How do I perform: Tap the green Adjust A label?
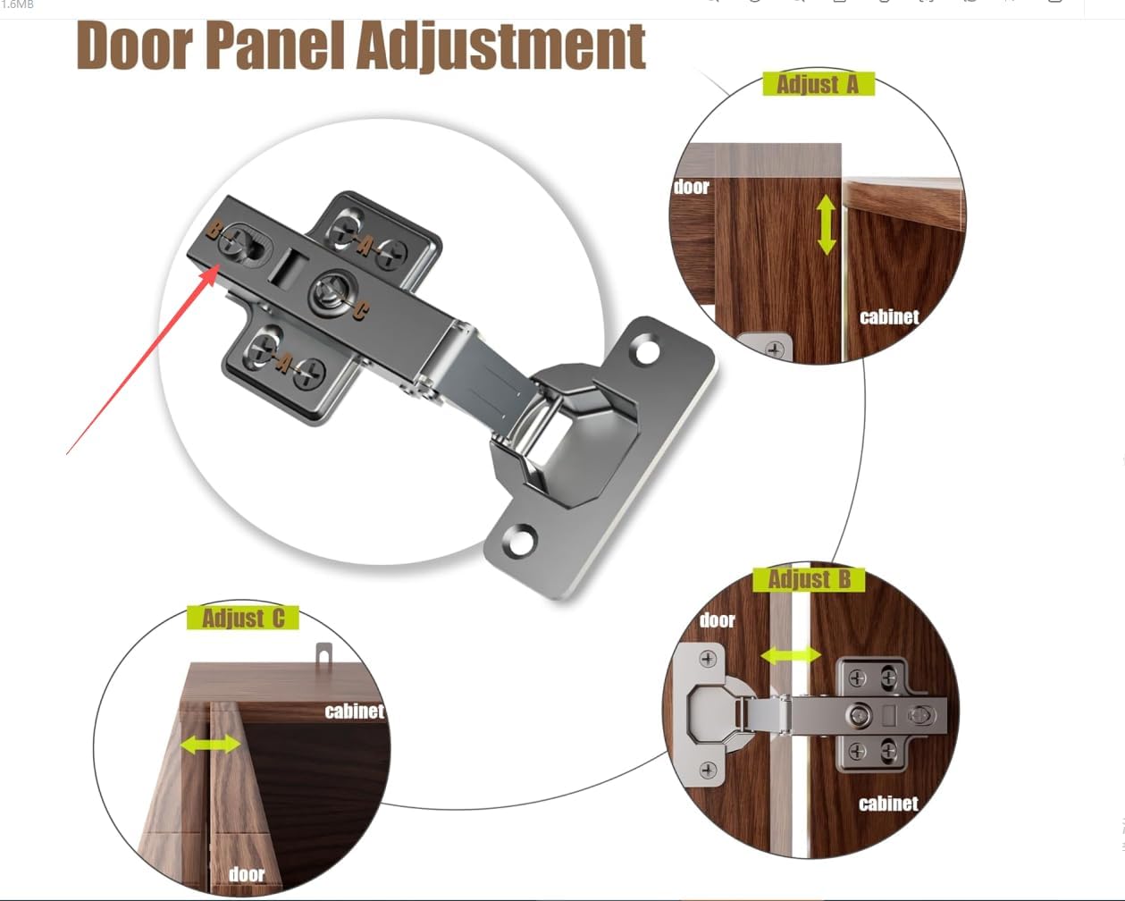coord(819,84)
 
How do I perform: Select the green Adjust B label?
coord(809,579)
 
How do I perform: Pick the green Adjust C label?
coord(243,618)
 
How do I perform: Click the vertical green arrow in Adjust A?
coord(826,224)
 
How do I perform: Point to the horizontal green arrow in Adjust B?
coord(791,654)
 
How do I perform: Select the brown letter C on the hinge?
coord(360,311)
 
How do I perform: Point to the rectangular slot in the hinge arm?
coord(286,268)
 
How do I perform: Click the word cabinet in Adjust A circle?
coord(889,317)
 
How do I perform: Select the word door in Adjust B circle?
coord(718,620)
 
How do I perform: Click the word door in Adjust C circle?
coord(247,874)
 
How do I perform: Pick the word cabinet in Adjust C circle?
coord(355,712)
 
